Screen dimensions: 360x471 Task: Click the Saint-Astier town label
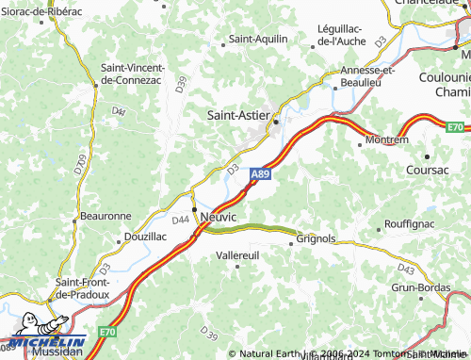[x=241, y=114]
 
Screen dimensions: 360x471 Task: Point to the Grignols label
[x=316, y=239]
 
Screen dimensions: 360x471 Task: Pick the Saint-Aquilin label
[x=259, y=40]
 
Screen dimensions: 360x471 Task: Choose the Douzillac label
[x=145, y=237]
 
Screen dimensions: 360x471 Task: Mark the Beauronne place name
[x=106, y=216]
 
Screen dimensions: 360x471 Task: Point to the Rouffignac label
[x=410, y=224]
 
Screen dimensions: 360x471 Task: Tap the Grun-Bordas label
[x=417, y=286]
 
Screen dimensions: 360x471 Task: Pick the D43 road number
[x=405, y=268]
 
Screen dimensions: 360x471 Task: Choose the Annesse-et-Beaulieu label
[x=370, y=75]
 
